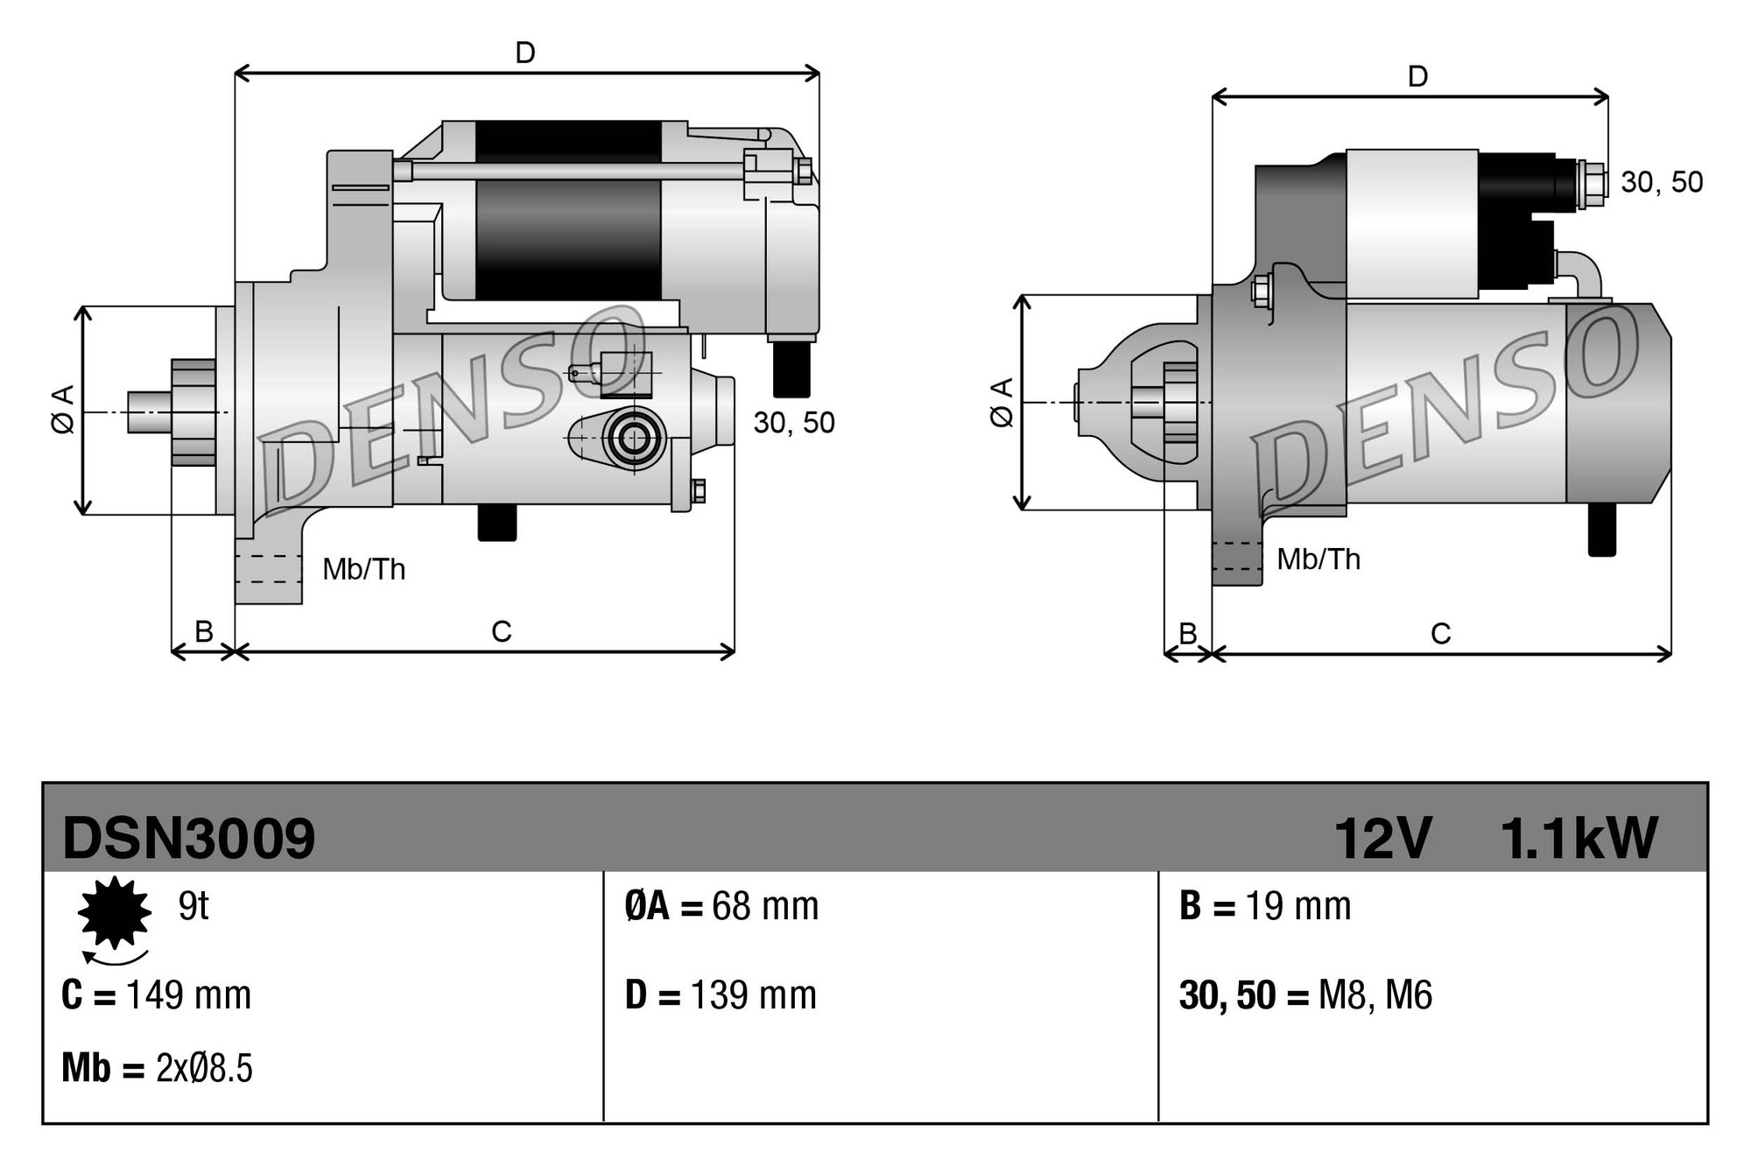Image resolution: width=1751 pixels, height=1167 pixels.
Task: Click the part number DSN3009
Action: (188, 838)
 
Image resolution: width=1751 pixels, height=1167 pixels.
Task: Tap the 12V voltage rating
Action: (1382, 838)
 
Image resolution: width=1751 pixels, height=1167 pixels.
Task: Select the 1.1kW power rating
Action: (1579, 838)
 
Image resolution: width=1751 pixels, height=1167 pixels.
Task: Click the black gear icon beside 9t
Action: (114, 912)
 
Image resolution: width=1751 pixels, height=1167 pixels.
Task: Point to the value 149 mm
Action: (188, 995)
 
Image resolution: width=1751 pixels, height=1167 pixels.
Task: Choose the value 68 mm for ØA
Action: (765, 906)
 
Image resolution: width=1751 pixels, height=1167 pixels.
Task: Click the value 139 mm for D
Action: (753, 995)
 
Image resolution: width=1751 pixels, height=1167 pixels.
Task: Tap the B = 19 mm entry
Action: (1265, 906)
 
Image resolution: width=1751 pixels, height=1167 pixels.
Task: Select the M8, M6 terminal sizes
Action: (1375, 995)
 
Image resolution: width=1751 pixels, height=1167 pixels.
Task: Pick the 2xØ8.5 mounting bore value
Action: (204, 1069)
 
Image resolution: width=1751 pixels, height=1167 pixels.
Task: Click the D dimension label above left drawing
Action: (525, 53)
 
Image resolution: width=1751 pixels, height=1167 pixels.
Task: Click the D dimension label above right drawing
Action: (1417, 77)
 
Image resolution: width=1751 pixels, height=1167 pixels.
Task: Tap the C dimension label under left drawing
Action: (501, 631)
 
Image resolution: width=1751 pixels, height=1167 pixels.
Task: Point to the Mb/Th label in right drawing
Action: (1319, 559)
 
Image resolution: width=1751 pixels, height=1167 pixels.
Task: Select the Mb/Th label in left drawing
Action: (364, 570)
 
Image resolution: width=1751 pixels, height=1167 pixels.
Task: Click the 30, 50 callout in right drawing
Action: (1661, 182)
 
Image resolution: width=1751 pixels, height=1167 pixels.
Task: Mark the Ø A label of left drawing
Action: (63, 409)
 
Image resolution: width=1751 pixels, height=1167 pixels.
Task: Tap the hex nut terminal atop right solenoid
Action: (1594, 185)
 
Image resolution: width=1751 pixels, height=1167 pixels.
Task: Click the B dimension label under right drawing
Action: (1187, 633)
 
